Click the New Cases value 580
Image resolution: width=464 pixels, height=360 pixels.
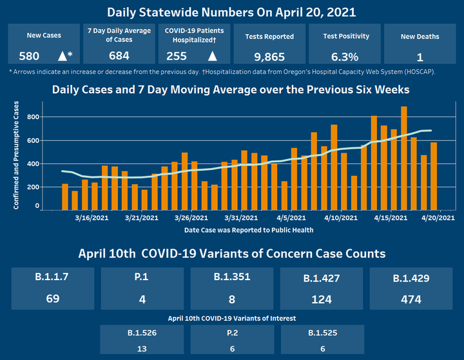(x=30, y=56)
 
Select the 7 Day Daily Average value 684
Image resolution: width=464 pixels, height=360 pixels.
(x=119, y=56)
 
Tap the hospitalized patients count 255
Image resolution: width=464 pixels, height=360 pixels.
(x=176, y=56)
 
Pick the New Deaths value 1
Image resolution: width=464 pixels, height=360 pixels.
(x=420, y=57)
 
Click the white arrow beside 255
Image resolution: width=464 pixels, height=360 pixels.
(x=212, y=56)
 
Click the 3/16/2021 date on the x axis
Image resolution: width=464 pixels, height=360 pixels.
(x=95, y=218)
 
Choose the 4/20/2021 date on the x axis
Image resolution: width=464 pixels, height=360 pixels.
(x=438, y=218)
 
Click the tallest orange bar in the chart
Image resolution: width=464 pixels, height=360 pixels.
(x=404, y=158)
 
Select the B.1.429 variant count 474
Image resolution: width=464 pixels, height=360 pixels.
(x=411, y=299)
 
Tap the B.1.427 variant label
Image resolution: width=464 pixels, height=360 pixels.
(x=321, y=279)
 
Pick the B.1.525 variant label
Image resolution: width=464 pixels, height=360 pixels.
(x=321, y=333)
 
